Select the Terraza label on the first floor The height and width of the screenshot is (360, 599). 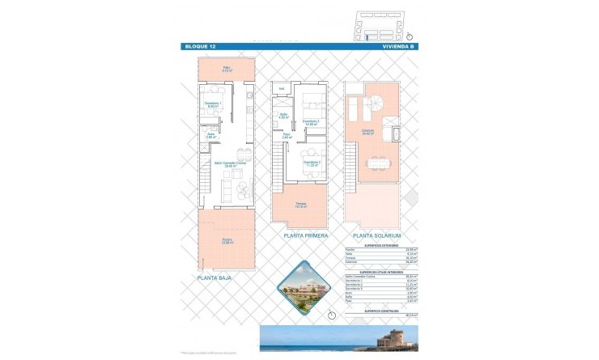[301, 205]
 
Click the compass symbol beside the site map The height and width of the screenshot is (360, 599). [410, 36]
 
